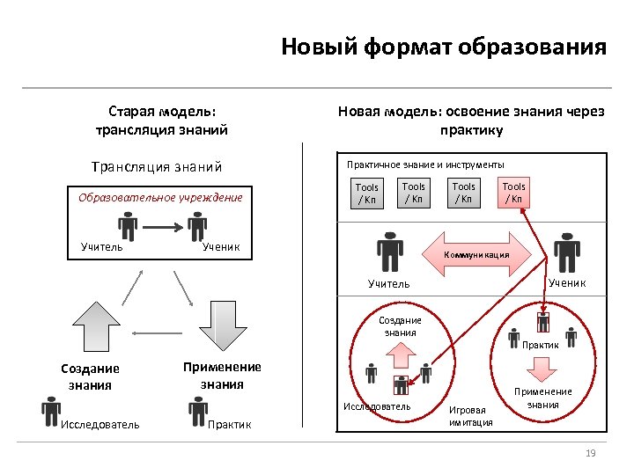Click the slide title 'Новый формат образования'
(x=444, y=47)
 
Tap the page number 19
(x=591, y=453)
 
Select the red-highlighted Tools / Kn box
(x=513, y=193)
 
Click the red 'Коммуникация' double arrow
(x=476, y=253)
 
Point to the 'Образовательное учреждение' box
(x=160, y=197)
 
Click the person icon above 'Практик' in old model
(x=198, y=409)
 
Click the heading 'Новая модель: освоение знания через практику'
(x=471, y=121)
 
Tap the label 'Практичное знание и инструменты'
(x=425, y=164)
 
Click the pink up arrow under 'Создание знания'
(x=401, y=354)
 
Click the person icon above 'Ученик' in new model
(x=565, y=252)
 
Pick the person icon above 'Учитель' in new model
(x=387, y=252)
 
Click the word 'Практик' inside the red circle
(x=541, y=345)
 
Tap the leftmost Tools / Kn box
(x=366, y=194)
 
